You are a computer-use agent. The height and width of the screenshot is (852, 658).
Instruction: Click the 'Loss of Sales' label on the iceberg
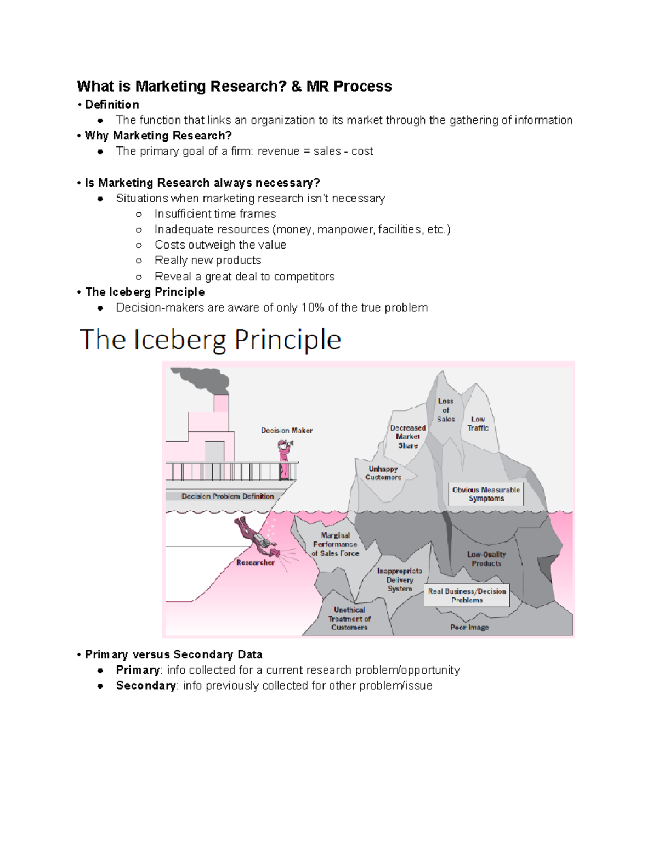click(446, 410)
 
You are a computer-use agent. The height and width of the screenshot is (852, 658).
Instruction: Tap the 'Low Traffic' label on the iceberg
click(478, 424)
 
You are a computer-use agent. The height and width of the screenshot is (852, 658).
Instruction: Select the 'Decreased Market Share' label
click(408, 437)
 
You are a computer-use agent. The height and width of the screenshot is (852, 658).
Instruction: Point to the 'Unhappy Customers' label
click(383, 473)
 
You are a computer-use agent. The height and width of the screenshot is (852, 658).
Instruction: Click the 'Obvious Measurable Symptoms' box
click(486, 494)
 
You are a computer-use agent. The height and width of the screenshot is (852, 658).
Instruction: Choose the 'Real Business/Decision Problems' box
click(467, 595)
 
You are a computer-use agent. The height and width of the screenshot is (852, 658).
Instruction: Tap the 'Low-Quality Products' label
click(486, 559)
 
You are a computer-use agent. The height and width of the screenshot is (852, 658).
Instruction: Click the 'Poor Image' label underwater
click(469, 627)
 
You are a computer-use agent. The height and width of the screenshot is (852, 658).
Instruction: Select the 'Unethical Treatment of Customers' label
click(349, 618)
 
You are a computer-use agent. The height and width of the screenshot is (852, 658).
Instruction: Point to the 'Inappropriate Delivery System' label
click(400, 580)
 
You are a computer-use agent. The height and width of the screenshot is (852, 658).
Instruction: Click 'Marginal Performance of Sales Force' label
click(335, 544)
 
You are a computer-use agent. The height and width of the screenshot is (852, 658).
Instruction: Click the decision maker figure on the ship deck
click(284, 459)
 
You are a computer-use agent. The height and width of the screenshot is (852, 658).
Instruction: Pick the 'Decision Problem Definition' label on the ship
click(228, 496)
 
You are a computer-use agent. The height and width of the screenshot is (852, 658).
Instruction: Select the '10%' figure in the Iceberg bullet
click(313, 308)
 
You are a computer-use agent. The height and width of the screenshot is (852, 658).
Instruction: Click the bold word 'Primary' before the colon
click(138, 670)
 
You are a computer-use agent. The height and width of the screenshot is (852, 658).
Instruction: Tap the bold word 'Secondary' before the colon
click(146, 686)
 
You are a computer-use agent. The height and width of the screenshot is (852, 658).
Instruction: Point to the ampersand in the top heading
click(296, 87)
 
